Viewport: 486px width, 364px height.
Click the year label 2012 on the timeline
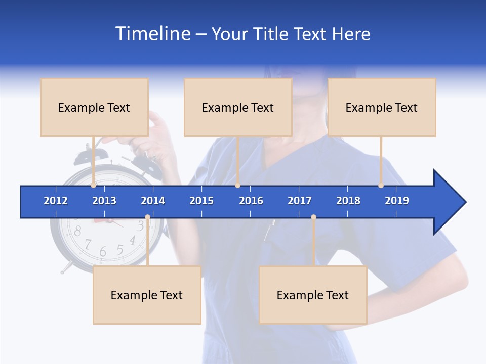pos(56,201)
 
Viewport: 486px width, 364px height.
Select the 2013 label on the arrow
pos(104,201)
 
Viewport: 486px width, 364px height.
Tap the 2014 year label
pos(153,201)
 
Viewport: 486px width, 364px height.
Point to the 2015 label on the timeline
pos(201,201)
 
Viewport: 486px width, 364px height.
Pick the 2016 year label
pos(251,201)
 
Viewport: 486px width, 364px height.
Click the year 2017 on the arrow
pos(300,201)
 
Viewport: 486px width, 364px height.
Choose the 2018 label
pos(348,201)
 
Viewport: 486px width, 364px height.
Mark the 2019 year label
pos(397,201)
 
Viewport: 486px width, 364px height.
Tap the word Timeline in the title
pos(153,34)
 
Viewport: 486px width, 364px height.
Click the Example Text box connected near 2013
pos(94,107)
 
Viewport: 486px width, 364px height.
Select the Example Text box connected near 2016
pos(238,107)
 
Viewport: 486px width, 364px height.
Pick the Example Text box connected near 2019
pos(382,107)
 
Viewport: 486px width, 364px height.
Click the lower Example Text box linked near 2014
pos(147,295)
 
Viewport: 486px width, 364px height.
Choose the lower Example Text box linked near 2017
pos(313,295)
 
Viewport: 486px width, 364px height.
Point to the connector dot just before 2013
pos(94,186)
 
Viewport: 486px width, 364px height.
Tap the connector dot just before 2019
pos(381,186)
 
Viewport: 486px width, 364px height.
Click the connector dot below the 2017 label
pos(313,217)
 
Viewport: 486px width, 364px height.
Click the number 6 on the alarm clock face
pos(103,251)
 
